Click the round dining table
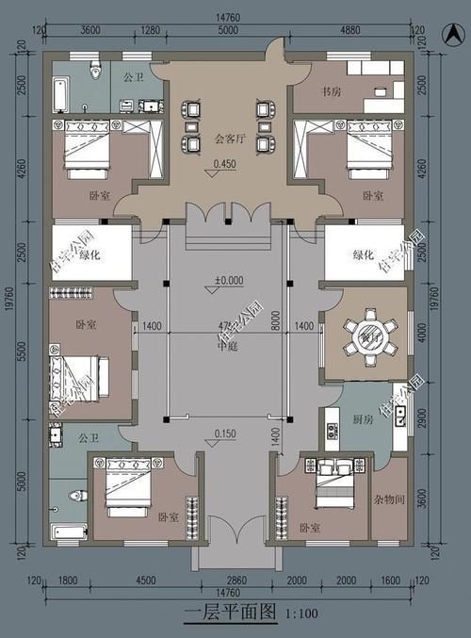363,335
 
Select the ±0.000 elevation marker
229,280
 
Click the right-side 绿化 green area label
363,255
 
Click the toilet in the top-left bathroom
94,71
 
